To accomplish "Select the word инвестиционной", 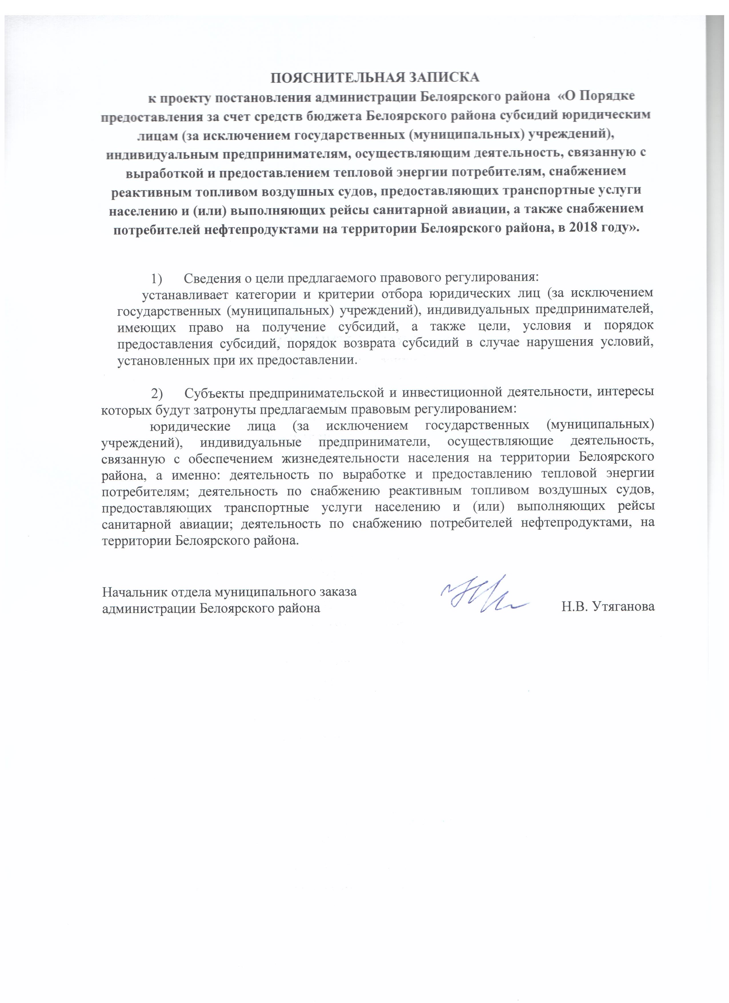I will click(x=450, y=393).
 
